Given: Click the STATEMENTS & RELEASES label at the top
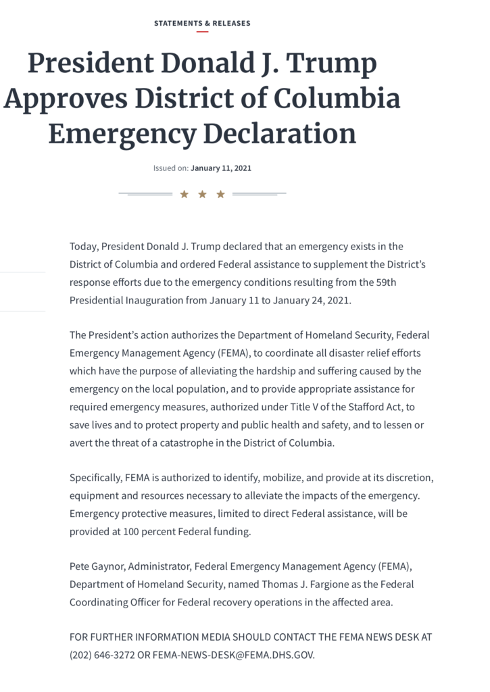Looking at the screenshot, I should tap(202, 23).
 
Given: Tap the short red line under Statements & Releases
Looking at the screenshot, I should tap(202, 32).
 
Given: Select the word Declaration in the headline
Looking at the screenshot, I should tap(280, 133).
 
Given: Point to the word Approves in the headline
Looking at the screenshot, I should tap(65, 99).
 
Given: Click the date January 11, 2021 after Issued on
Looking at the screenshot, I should tap(221, 168).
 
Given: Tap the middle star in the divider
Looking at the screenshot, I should tap(202, 195).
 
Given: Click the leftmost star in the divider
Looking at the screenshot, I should tap(184, 195).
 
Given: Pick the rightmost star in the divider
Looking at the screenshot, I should tap(220, 195).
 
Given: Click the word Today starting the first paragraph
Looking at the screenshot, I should tap(83, 247).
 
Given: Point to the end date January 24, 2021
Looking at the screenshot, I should tap(312, 299).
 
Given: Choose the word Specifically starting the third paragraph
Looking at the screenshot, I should tap(95, 478).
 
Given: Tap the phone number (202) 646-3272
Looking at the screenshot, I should tap(99, 655).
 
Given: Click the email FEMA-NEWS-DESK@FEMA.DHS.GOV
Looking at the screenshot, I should tap(233, 655).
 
